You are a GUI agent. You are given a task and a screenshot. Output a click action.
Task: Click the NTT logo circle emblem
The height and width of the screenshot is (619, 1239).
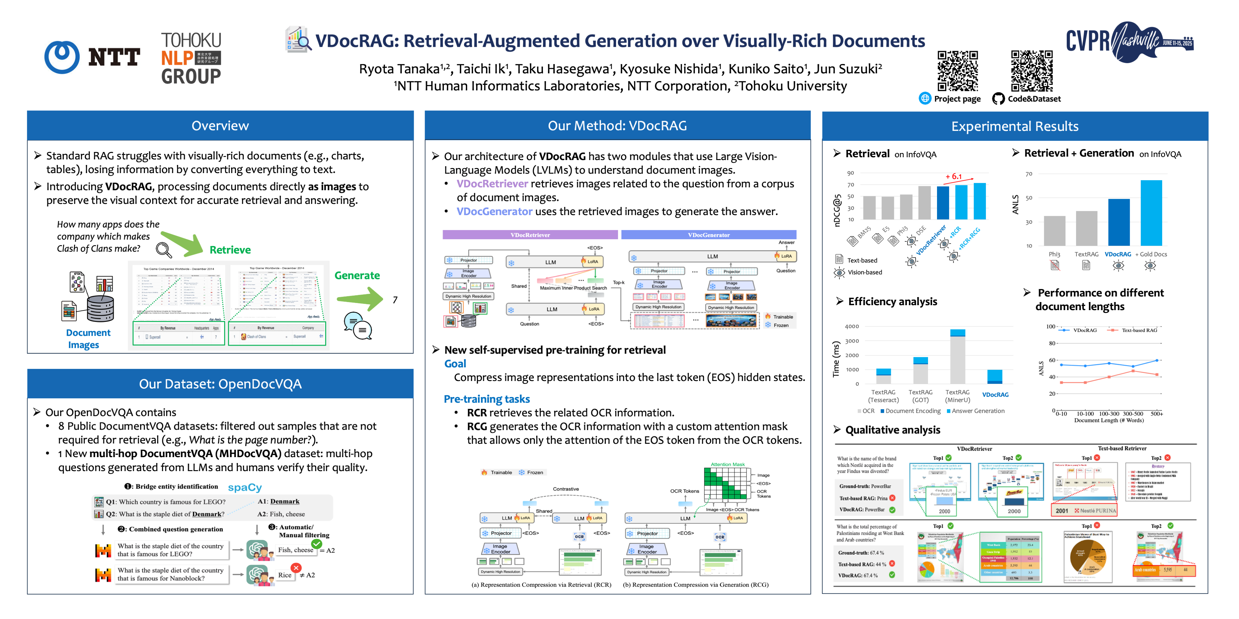[x=62, y=57]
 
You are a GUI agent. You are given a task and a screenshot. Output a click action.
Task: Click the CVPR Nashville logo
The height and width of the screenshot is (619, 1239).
[x=1129, y=42]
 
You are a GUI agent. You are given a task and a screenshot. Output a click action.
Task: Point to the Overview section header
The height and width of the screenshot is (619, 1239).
[x=220, y=126]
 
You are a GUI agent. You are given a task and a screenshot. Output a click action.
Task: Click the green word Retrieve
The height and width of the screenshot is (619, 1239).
[x=230, y=250]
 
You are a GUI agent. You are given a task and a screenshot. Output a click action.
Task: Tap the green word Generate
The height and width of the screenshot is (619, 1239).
[x=357, y=275]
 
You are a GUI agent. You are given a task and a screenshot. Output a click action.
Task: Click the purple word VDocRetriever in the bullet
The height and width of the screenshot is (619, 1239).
[x=492, y=184]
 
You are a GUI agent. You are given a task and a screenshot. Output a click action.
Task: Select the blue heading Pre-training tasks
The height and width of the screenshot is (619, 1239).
[x=486, y=399]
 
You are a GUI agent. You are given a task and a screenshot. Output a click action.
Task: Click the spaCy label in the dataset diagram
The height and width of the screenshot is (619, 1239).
[x=244, y=487]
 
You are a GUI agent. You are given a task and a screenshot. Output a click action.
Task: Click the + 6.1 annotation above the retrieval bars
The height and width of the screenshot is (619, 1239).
[x=953, y=176]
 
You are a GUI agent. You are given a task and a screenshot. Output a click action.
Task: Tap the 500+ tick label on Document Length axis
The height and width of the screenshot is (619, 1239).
[x=1157, y=414]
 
